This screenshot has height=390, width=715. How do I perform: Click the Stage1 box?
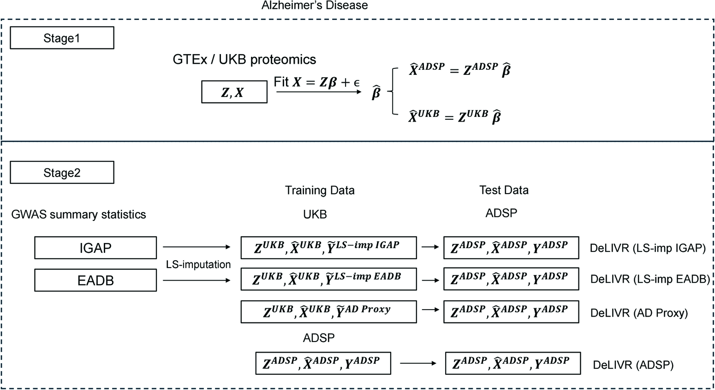pyautogui.click(x=62, y=38)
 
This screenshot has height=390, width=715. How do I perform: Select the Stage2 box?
pyautogui.click(x=62, y=172)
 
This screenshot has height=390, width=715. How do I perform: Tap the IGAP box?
pyautogui.click(x=95, y=248)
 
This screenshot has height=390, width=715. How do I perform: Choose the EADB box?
pyautogui.click(x=95, y=280)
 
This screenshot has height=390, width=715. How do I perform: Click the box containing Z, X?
pyautogui.click(x=234, y=92)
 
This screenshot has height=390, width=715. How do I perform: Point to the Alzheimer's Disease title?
pyautogui.click(x=315, y=6)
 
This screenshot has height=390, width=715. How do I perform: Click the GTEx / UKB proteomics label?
pyautogui.click(x=244, y=60)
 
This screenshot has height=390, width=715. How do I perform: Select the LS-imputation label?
pyautogui.click(x=198, y=264)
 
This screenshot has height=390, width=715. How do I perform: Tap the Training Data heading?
pyautogui.click(x=320, y=190)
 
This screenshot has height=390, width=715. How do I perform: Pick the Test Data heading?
pyautogui.click(x=504, y=190)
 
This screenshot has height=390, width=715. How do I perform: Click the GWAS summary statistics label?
pyautogui.click(x=78, y=214)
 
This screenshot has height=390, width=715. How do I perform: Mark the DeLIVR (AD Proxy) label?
pyautogui.click(x=639, y=313)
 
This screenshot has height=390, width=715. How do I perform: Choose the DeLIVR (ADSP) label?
pyautogui.click(x=633, y=365)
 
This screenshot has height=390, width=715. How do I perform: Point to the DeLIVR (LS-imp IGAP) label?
pyautogui.click(x=648, y=248)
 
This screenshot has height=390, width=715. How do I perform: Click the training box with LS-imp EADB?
pyautogui.click(x=328, y=279)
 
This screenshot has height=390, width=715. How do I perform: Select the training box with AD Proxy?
pyautogui.click(x=328, y=311)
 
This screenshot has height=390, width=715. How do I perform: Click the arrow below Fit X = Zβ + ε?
pyautogui.click(x=319, y=92)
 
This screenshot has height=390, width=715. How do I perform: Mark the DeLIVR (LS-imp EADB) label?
pyautogui.click(x=650, y=279)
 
